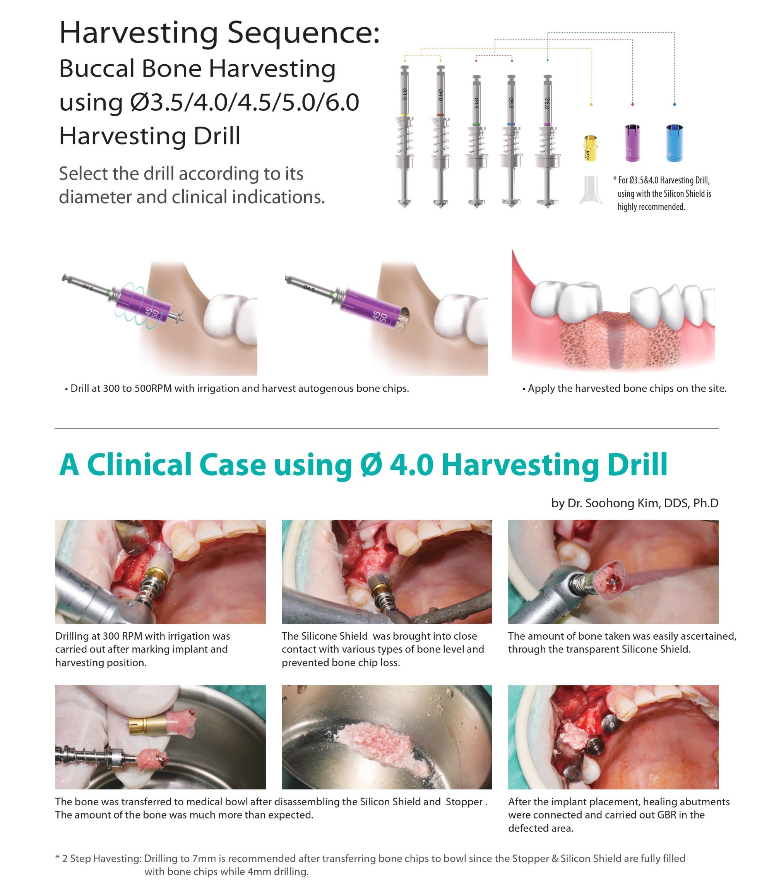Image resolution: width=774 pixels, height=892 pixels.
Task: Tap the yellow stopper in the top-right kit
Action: click(x=590, y=148)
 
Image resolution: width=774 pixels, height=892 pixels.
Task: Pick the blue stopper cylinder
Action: click(x=674, y=143)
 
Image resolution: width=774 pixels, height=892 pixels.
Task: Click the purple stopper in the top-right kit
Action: click(x=632, y=143)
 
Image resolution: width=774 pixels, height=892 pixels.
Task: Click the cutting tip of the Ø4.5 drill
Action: click(x=476, y=204)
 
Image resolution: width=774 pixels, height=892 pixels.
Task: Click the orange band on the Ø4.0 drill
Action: click(x=440, y=115)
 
